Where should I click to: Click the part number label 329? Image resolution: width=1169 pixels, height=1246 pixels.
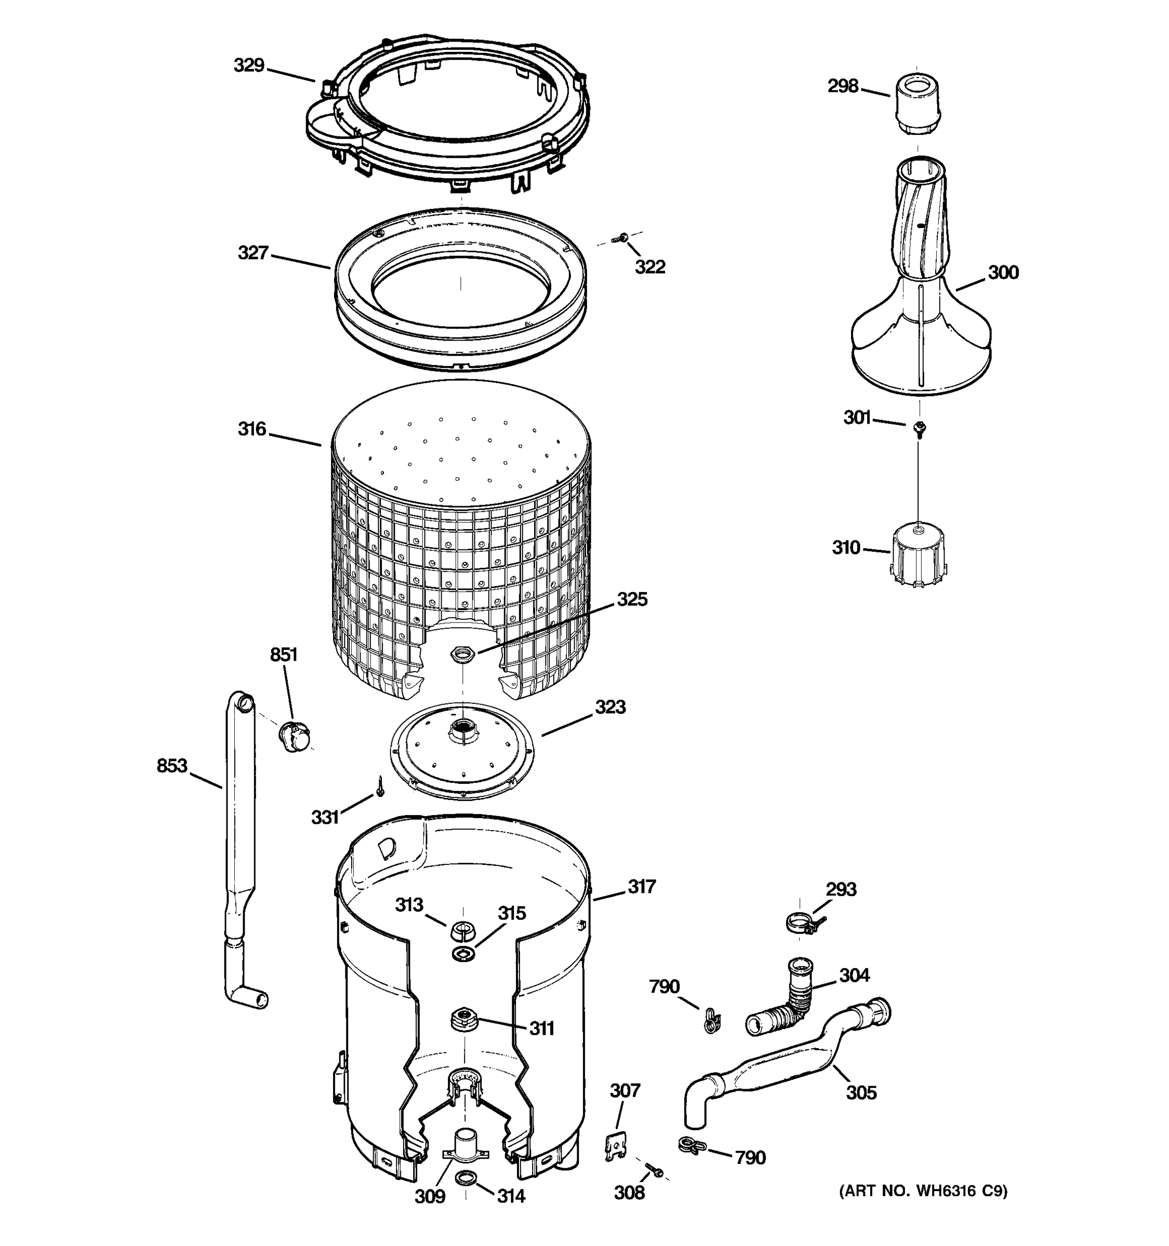(x=249, y=65)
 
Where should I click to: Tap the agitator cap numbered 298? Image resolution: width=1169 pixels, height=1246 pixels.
(x=916, y=103)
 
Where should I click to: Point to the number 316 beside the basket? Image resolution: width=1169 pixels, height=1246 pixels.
(x=251, y=429)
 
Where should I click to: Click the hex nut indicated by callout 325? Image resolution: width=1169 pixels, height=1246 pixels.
(x=463, y=654)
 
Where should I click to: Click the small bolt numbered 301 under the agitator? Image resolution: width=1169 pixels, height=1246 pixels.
(x=920, y=428)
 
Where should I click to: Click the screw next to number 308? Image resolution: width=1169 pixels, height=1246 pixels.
(x=654, y=1169)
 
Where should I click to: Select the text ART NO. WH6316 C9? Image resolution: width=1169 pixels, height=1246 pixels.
(x=923, y=1191)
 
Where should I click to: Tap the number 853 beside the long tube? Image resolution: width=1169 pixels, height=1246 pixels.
(x=172, y=766)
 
